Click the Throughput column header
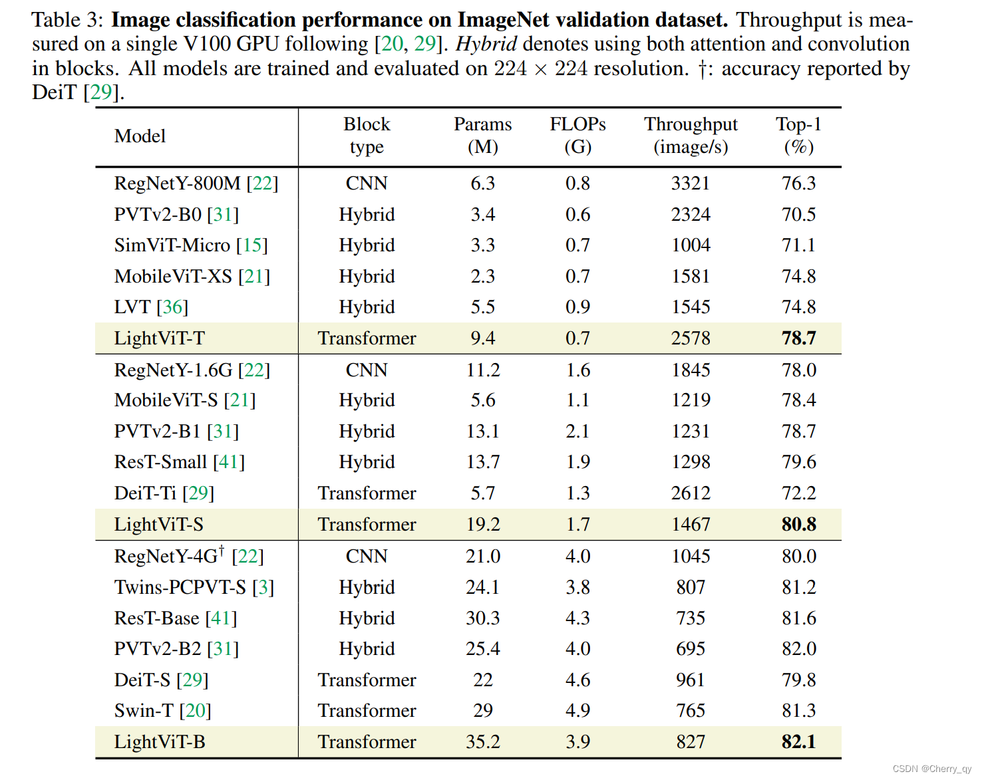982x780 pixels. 691,135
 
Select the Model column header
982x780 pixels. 140,136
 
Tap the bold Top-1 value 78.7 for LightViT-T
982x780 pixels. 798,338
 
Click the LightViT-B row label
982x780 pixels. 160,742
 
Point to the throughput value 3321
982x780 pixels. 691,184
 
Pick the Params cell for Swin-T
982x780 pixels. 482,711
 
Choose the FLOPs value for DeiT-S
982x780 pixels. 577,680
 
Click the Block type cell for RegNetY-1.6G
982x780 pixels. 367,370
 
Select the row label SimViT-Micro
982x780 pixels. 172,245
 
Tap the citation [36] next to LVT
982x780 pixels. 173,307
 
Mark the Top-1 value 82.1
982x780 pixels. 798,742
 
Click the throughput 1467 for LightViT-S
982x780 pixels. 691,525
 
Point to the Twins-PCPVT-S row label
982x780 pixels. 180,588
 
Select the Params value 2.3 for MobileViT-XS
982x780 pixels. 482,277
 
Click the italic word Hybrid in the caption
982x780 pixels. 486,44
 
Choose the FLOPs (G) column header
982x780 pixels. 577,135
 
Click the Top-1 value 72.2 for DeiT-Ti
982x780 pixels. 798,493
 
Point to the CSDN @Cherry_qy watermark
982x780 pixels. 931,769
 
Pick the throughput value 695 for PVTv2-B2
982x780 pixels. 691,649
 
